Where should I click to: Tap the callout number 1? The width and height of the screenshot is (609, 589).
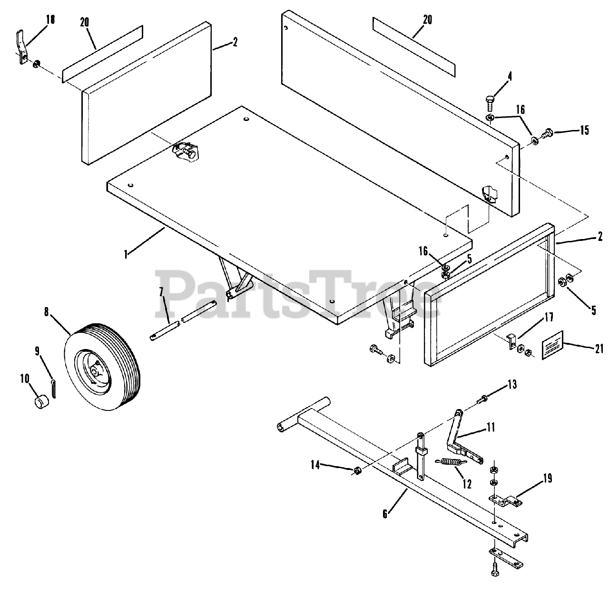(x=126, y=255)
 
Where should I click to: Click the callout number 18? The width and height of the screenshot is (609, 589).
(x=50, y=20)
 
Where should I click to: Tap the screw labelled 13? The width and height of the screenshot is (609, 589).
(x=483, y=398)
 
